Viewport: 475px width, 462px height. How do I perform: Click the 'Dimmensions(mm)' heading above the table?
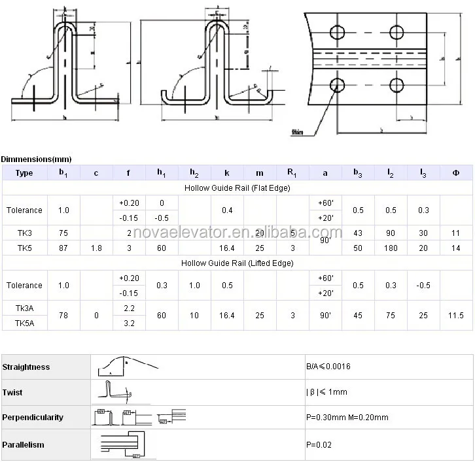tap(37, 159)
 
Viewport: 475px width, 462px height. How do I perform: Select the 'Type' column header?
tap(24, 173)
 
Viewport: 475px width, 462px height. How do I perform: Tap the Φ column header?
tap(455, 173)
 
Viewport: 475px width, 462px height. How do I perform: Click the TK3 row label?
tap(24, 233)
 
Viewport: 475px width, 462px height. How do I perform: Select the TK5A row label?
tap(24, 323)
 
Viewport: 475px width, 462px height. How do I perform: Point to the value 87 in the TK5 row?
tap(63, 248)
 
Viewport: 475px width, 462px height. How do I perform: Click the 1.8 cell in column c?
tap(96, 248)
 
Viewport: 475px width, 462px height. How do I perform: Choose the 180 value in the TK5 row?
tap(391, 248)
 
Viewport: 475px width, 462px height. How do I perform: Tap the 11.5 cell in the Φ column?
tap(455, 316)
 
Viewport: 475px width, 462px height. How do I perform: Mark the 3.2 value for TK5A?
tap(129, 323)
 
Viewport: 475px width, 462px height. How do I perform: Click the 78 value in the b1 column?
tap(63, 316)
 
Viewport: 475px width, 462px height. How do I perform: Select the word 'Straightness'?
tap(26, 367)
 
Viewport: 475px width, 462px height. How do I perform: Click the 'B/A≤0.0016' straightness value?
tap(328, 367)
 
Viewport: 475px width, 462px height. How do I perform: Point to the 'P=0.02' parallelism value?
tap(319, 444)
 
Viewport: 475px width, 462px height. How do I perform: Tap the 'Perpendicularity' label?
tap(33, 417)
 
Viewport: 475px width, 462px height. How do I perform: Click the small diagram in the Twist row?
tap(118, 391)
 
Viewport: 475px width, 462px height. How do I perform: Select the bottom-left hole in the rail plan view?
tap(338, 84)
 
